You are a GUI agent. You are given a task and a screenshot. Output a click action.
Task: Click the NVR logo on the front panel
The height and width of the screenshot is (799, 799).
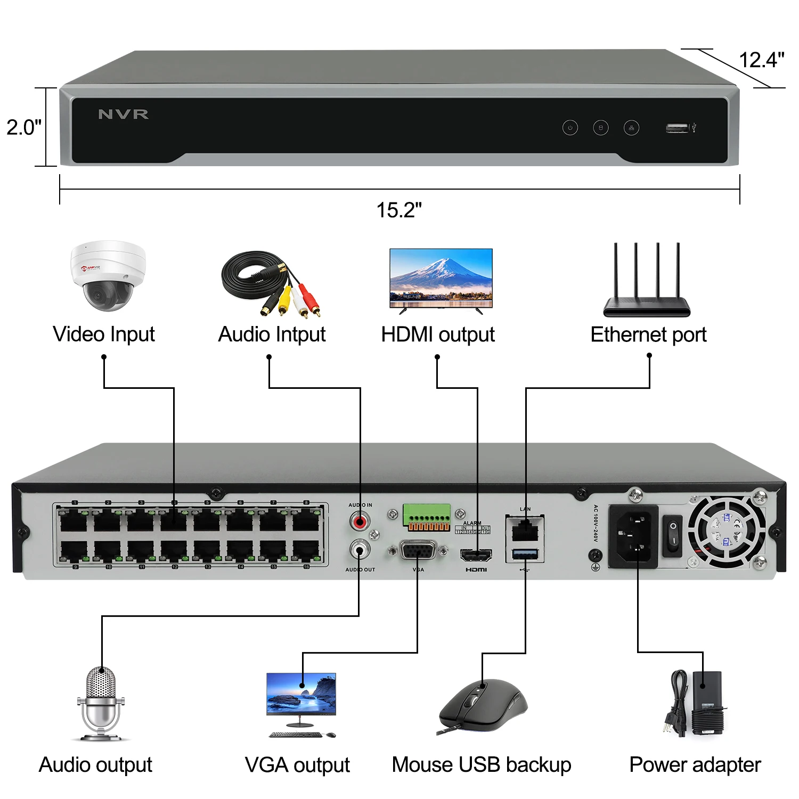coord(123,114)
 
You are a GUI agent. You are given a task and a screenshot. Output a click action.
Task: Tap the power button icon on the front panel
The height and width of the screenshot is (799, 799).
coord(570,128)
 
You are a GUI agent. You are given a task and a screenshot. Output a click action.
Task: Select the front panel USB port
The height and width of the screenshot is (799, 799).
coord(677,128)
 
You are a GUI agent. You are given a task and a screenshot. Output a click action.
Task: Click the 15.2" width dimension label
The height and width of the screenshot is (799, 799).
coord(399,210)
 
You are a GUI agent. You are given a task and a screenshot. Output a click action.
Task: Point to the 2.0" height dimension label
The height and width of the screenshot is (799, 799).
coord(23,127)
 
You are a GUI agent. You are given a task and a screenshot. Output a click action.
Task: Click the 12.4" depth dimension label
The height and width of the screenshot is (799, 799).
coord(761,60)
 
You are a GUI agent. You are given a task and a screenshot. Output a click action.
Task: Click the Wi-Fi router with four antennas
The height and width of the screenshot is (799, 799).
coord(647,282)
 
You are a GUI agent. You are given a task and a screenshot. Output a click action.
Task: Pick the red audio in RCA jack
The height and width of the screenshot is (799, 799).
coord(360,520)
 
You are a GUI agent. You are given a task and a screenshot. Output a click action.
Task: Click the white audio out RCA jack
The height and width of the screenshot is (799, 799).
coord(360,549)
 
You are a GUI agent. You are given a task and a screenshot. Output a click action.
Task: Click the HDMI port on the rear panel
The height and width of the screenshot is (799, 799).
coord(476,556)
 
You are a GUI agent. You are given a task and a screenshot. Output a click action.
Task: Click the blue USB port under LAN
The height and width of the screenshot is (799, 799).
coord(525,555)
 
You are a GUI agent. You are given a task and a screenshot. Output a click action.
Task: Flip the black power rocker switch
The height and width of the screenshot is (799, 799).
coord(672,535)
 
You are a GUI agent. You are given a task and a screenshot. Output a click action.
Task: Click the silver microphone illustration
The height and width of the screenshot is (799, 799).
coord(101,703)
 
